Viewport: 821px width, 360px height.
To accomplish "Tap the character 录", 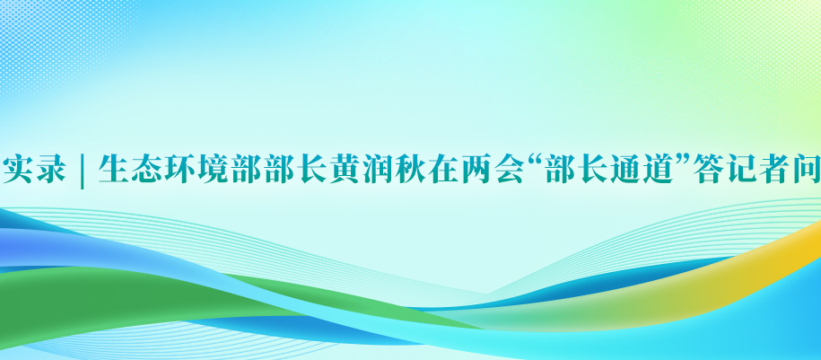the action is point(50,169).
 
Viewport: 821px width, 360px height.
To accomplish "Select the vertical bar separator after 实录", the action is point(83,170).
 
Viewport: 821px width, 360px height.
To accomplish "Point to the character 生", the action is point(114,169).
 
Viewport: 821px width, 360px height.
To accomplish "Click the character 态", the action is point(146,169).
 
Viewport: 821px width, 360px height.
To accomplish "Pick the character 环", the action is point(179,169).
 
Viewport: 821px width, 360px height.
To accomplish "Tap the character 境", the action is point(213,169).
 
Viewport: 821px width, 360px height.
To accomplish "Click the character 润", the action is point(378,169).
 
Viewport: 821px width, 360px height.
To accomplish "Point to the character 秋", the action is point(411,169).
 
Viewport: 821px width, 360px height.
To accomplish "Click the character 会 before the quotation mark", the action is point(510,169).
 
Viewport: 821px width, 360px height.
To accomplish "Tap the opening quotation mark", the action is point(535,160).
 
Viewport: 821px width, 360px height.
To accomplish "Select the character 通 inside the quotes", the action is point(624,169).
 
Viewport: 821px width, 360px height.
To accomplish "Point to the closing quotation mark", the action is point(681,160).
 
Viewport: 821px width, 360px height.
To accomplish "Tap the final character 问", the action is point(805,169).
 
